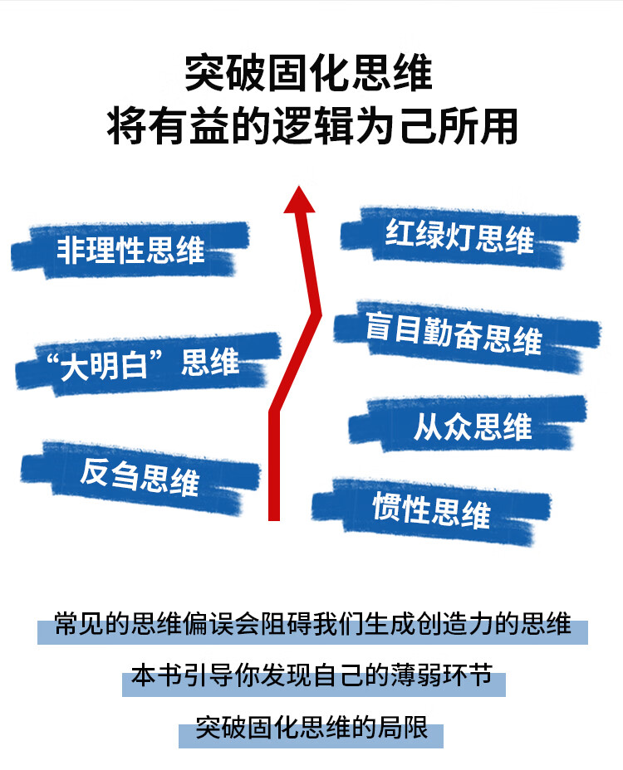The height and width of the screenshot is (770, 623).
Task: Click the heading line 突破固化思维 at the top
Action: click(309, 74)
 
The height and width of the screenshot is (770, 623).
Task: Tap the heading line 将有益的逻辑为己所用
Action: click(312, 127)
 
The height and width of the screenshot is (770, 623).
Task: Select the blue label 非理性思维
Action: click(130, 250)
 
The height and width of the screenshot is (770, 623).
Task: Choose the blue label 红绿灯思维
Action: click(459, 236)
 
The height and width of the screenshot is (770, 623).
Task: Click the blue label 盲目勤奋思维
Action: click(454, 334)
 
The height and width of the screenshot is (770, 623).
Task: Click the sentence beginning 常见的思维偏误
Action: click(312, 624)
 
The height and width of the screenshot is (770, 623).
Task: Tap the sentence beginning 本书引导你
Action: click(312, 676)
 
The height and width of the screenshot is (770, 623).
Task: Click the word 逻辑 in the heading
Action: click(313, 127)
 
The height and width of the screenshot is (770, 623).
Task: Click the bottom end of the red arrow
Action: click(274, 515)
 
